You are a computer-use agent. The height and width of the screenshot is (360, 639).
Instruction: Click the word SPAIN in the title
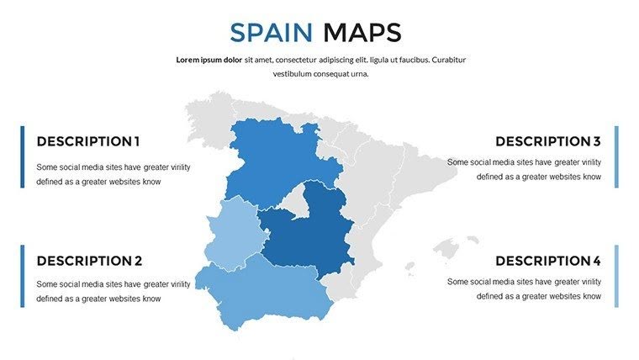[272, 33]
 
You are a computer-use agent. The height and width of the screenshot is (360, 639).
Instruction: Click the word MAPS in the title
[362, 33]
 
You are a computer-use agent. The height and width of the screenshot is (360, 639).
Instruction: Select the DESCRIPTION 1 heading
[88, 141]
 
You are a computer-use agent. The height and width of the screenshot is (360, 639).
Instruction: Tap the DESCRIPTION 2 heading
[89, 261]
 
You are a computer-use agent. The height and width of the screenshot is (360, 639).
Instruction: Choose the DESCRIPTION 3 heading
[547, 141]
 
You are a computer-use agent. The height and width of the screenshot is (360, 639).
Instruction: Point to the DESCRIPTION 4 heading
[547, 261]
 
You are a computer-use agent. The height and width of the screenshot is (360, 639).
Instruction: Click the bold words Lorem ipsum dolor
[209, 61]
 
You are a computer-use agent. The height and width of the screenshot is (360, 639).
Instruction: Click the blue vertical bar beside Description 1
[23, 156]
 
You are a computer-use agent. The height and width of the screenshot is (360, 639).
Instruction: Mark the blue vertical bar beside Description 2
[23, 276]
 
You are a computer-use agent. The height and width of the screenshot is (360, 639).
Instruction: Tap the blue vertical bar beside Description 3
[616, 156]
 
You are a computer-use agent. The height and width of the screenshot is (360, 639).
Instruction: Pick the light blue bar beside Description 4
[616, 276]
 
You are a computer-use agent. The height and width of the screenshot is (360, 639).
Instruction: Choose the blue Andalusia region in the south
[261, 290]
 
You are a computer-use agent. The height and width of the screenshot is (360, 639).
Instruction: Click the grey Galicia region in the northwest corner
[206, 118]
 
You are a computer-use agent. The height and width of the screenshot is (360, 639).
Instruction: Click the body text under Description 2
[114, 291]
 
